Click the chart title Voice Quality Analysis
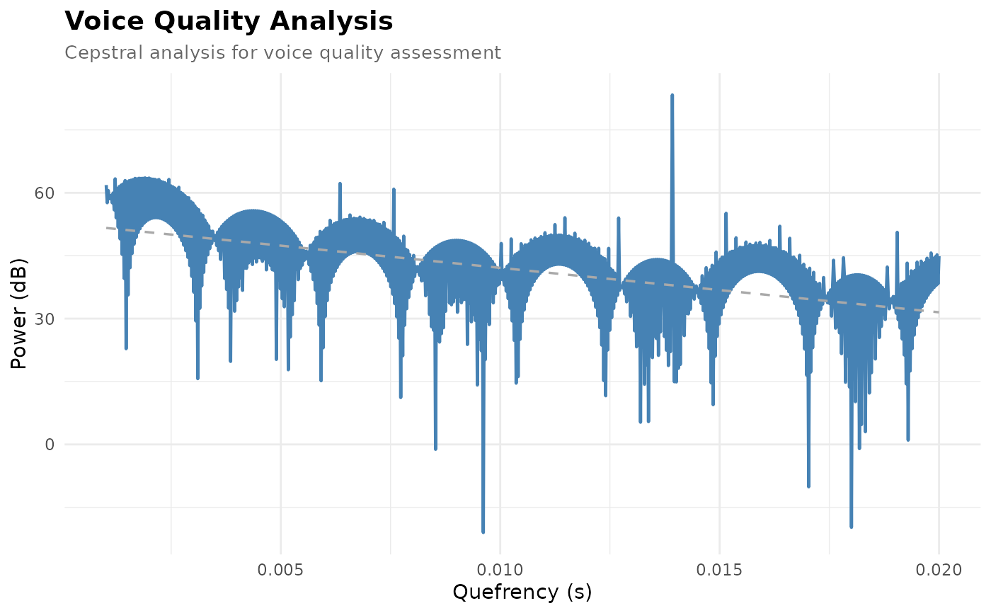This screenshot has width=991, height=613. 229,21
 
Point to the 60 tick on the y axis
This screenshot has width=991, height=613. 44,193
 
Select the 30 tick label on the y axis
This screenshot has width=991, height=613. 44,319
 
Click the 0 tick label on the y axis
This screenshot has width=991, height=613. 50,444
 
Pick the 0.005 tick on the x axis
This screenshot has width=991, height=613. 280,570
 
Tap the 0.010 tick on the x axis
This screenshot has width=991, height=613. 500,570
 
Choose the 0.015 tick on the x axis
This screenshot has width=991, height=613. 719,570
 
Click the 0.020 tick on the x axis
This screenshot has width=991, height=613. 939,570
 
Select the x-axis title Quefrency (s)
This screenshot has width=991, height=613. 522,592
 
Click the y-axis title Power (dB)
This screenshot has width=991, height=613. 18,314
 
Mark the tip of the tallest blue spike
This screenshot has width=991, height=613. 672,95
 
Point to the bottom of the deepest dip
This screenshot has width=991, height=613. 483,532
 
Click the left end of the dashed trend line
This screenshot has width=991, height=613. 107,228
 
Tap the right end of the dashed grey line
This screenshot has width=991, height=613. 939,312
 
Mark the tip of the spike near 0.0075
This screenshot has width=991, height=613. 394,189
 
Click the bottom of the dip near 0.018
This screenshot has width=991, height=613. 851,527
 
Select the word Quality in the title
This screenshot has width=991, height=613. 207,22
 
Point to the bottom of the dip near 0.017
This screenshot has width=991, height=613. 808,486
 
